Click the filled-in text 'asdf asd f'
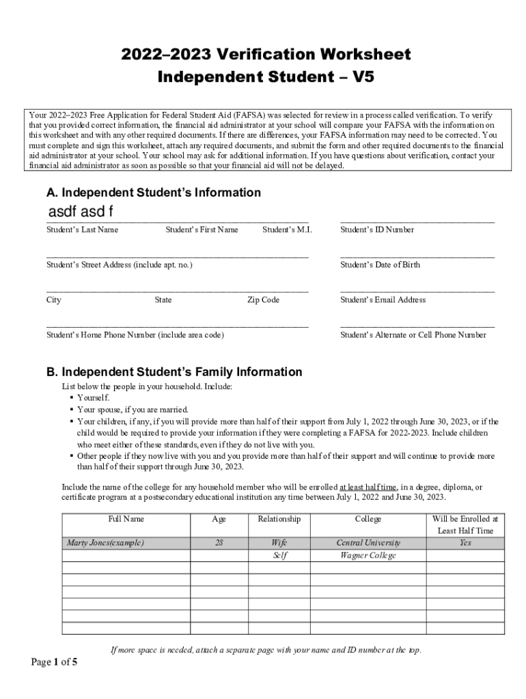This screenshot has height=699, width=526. (80, 212)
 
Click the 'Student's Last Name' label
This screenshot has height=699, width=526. (82, 230)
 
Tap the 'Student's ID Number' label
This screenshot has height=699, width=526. (377, 230)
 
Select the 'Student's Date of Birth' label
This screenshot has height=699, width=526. (380, 265)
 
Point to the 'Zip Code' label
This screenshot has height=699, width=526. (263, 300)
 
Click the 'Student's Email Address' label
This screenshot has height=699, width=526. (383, 300)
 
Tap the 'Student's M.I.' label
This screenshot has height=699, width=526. (287, 230)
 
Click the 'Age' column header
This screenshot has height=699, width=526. (219, 519)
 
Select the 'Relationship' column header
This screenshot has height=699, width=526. (279, 519)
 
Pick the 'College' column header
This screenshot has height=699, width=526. (368, 519)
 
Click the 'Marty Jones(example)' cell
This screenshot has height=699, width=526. (105, 543)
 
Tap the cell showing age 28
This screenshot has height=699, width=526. (219, 543)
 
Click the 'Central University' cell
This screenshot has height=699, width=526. (368, 543)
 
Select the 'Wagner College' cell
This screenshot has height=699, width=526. (368, 556)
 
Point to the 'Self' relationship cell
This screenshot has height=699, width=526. (279, 556)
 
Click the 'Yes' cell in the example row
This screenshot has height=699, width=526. (465, 543)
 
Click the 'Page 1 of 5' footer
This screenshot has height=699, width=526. (54, 662)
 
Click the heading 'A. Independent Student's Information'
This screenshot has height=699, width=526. (154, 193)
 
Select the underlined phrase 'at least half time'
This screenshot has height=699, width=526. (368, 487)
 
